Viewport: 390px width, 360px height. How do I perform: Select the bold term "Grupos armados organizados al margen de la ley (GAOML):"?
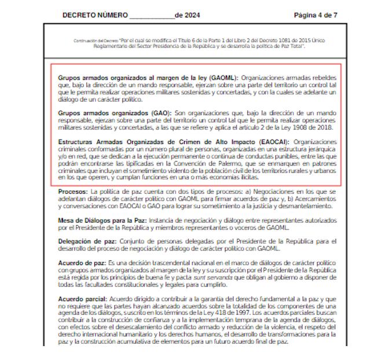coord(149,77)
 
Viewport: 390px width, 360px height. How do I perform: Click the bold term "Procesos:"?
coord(73,191)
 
